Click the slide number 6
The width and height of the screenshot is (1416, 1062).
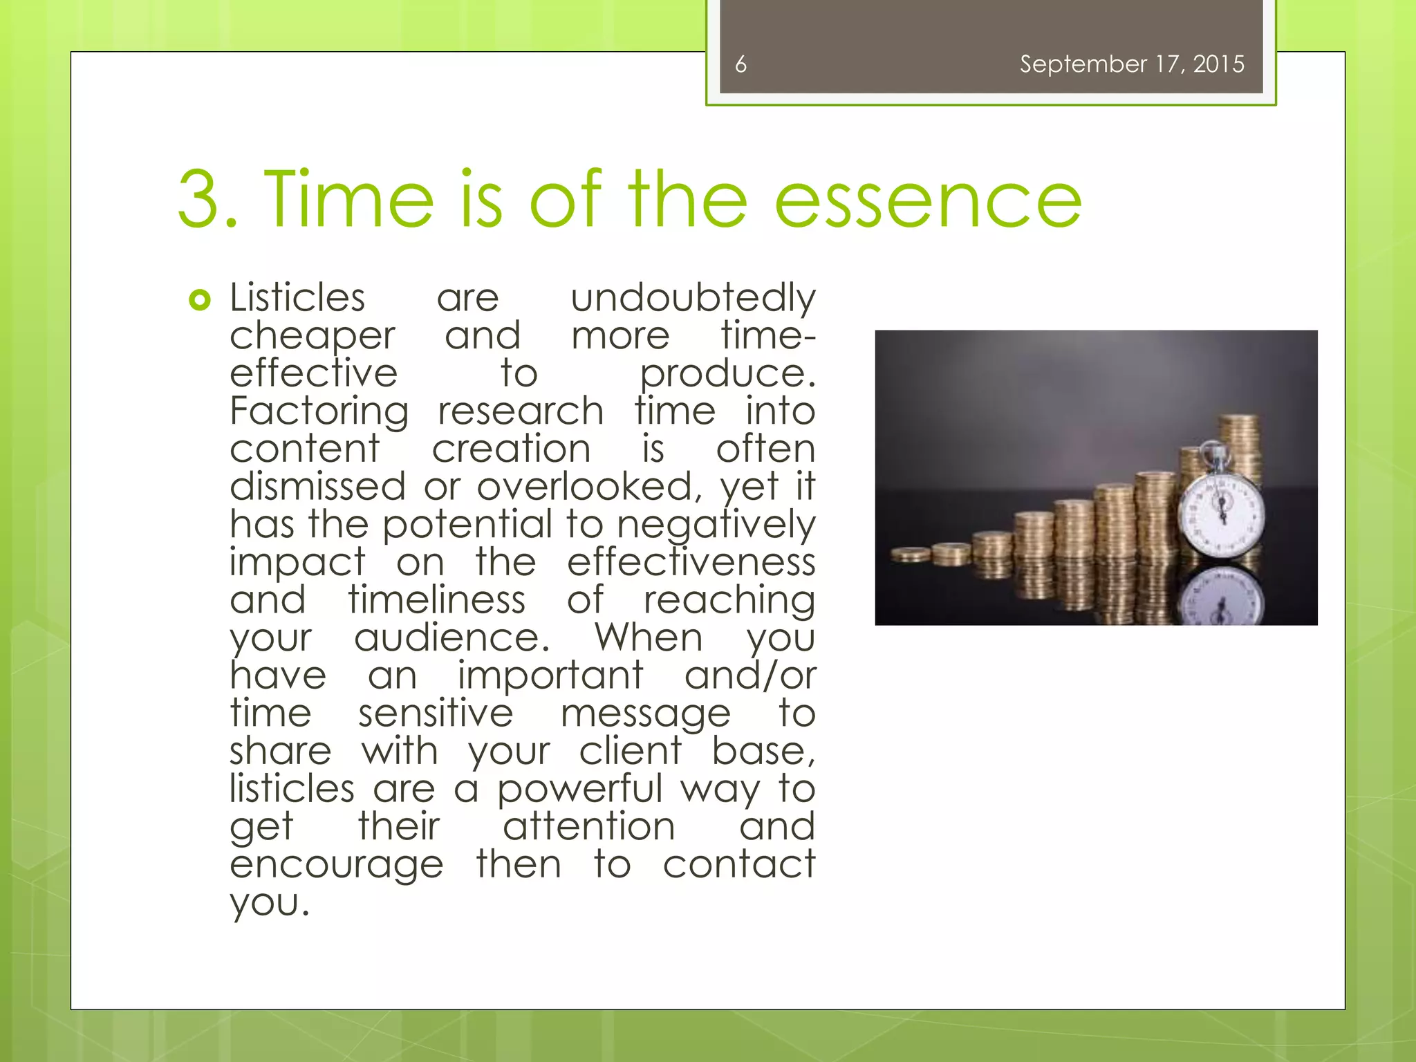(x=740, y=64)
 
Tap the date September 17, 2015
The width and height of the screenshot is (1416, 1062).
(x=1132, y=64)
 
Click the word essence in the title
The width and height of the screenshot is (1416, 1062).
(x=928, y=201)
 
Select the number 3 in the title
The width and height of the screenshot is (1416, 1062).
(x=200, y=201)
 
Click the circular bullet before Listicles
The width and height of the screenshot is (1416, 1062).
(x=199, y=300)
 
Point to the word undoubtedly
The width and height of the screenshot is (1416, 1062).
(x=693, y=299)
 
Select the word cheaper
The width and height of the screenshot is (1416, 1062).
(x=313, y=337)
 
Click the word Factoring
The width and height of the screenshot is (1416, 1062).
(x=319, y=412)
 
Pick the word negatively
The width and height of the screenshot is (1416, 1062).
(x=716, y=525)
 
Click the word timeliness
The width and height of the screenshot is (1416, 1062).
(x=436, y=599)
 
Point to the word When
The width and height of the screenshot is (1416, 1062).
(x=649, y=637)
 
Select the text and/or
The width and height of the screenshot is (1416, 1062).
(x=750, y=675)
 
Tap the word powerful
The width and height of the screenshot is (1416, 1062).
(x=579, y=789)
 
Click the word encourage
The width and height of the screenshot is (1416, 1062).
(x=336, y=865)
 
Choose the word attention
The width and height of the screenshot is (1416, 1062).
(x=588, y=826)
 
